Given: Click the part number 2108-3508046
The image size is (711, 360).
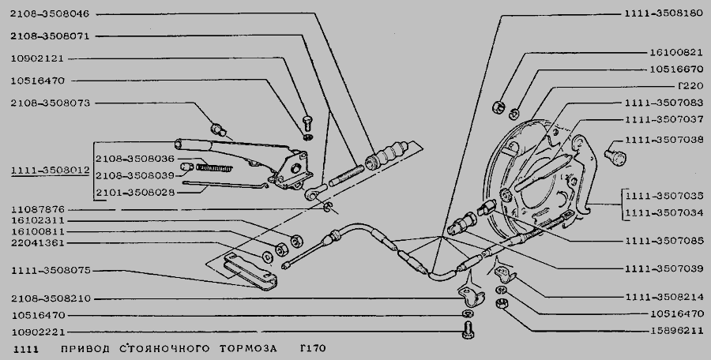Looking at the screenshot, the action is coord(50,14).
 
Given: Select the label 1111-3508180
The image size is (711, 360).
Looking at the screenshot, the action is coord(664,13).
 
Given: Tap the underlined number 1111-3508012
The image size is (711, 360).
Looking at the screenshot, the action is coord(51,171).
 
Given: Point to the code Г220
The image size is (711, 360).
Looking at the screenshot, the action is coord(690,86).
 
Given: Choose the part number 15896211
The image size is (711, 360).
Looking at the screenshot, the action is coord(677,331).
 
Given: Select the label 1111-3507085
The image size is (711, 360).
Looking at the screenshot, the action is coord(664,242).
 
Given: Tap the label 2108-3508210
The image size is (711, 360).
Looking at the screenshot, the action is coord(51,298).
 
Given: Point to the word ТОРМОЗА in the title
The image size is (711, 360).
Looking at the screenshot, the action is coord(248,349).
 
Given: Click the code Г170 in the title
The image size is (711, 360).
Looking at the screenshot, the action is coord(313,349).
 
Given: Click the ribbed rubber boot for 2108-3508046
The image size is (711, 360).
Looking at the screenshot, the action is coord(386,155).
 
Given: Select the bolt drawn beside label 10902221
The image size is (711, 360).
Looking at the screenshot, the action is coord(468,330).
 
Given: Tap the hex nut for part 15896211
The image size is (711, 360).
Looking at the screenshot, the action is coord(502,303).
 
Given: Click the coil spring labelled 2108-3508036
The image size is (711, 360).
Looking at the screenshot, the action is coord(214,167).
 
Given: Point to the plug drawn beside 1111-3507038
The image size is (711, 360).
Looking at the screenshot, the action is coord(615,156).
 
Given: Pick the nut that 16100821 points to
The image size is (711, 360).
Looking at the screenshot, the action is coord(498,107).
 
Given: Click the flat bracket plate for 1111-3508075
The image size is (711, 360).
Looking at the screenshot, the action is coord(250,271).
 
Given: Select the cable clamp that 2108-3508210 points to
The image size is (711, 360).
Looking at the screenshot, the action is coord(472,294).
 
